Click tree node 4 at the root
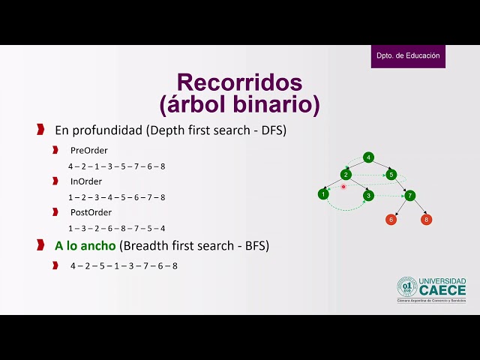[x=368, y=157]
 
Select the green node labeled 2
[x=346, y=175]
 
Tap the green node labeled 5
[x=391, y=175]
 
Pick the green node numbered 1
[x=322, y=194]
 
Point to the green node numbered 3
[x=368, y=196]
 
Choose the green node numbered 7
[x=409, y=196]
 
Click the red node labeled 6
[x=391, y=220]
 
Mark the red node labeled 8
[x=426, y=220]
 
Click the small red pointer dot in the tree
[x=343, y=186]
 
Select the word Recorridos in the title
[x=239, y=82]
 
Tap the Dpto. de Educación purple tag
[x=408, y=56]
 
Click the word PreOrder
[x=88, y=150]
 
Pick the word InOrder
[x=86, y=181]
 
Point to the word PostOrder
[x=91, y=212]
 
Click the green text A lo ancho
[x=85, y=245]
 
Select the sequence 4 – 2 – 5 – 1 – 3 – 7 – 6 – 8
[x=124, y=265]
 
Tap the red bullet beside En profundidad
[x=40, y=130]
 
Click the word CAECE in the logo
[x=442, y=290]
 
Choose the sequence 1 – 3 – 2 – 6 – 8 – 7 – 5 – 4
[x=116, y=228]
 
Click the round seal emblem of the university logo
[x=407, y=287]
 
